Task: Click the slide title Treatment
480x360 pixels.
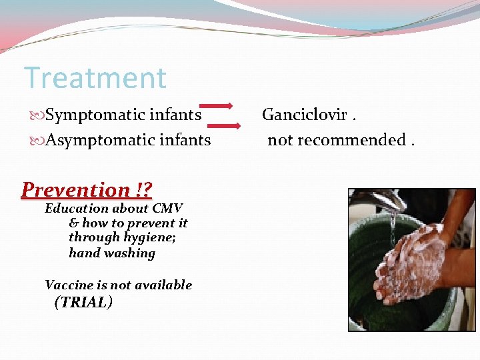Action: click(95, 78)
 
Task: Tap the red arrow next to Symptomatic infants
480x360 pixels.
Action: click(217, 106)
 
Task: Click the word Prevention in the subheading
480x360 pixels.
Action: click(75, 190)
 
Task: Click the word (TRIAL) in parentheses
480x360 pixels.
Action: click(83, 303)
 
